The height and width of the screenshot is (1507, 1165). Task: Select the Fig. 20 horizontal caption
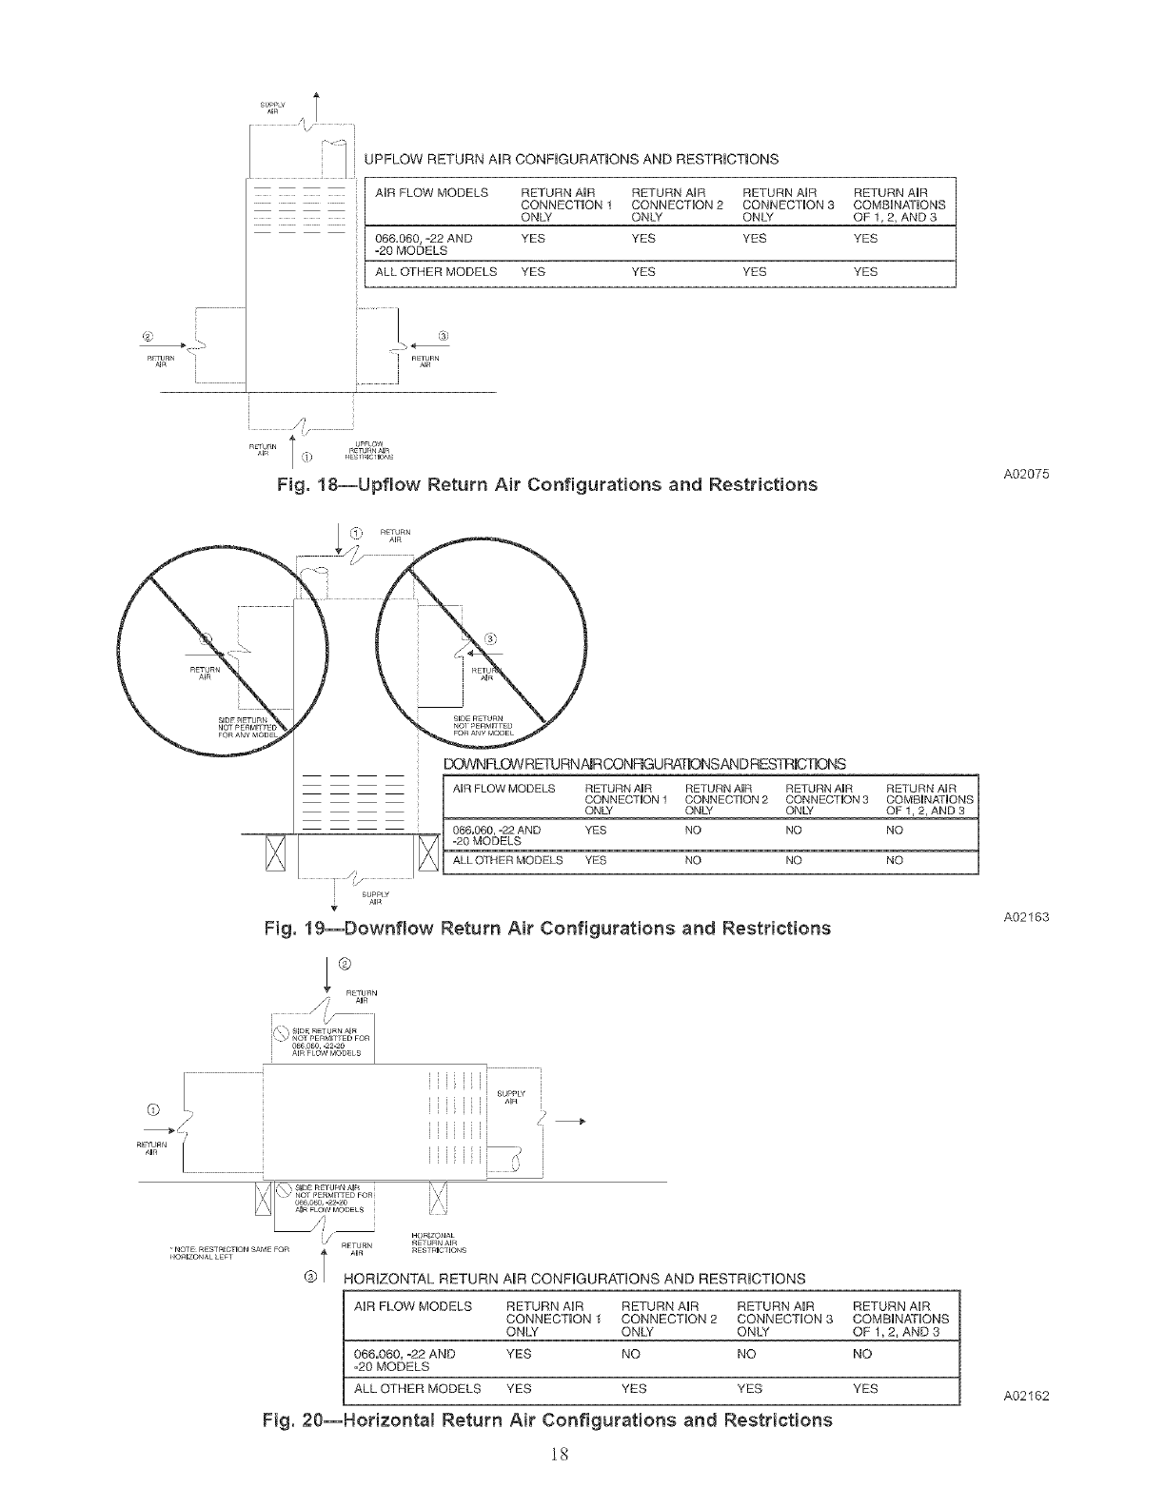[546, 1420]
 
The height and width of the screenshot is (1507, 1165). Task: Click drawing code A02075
[1026, 475]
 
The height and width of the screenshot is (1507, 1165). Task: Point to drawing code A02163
[1026, 917]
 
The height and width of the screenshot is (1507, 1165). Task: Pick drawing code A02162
[1026, 1397]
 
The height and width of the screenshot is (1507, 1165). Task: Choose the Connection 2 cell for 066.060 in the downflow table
[693, 831]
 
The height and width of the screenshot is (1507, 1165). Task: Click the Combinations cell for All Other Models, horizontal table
[865, 1389]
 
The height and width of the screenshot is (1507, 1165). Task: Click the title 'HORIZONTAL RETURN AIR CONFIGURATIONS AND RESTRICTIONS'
[573, 1278]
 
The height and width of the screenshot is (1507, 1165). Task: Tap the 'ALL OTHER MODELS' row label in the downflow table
[507, 860]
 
